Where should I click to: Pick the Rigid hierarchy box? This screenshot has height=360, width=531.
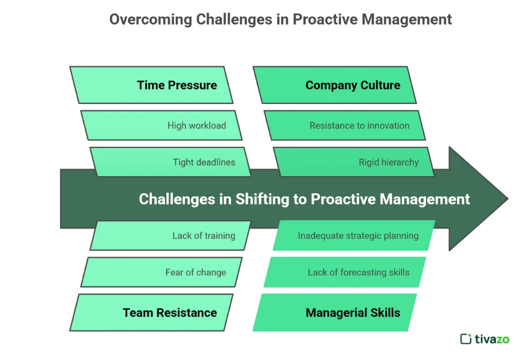coord(354,162)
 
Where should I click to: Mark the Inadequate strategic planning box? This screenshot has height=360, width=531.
coord(354,235)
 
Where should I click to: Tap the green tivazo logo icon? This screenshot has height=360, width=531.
coord(466,339)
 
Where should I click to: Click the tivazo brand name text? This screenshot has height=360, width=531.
coord(492,339)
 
